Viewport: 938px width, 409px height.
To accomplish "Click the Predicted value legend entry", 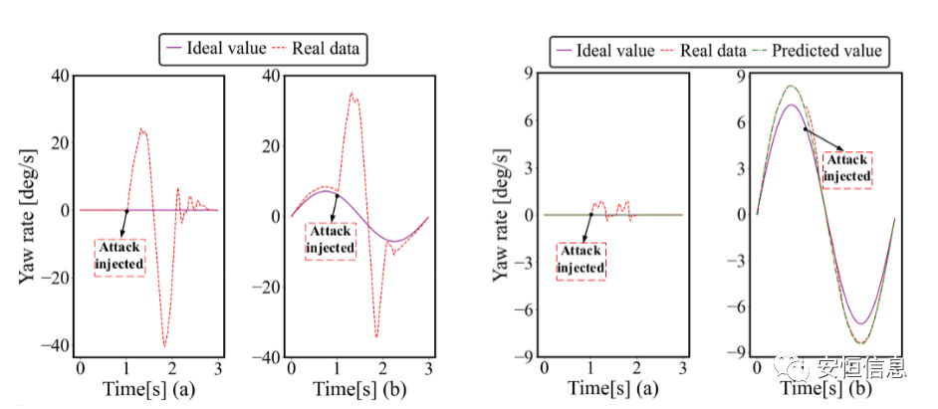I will click(826, 50).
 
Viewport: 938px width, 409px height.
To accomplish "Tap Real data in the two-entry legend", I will click(325, 47).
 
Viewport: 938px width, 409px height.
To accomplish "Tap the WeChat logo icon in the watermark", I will click(800, 370).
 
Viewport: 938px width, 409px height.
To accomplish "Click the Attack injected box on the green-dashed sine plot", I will click(848, 169).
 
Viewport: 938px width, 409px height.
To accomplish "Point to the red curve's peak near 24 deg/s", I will click(141, 128).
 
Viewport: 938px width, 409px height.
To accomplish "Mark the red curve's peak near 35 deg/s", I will click(352, 94).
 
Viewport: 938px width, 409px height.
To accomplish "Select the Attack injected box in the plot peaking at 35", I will click(330, 241).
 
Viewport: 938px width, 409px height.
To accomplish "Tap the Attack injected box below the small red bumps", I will click(581, 260).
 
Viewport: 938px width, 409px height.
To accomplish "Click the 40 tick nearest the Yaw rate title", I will click(58, 76).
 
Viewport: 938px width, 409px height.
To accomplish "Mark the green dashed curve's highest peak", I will click(792, 86).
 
